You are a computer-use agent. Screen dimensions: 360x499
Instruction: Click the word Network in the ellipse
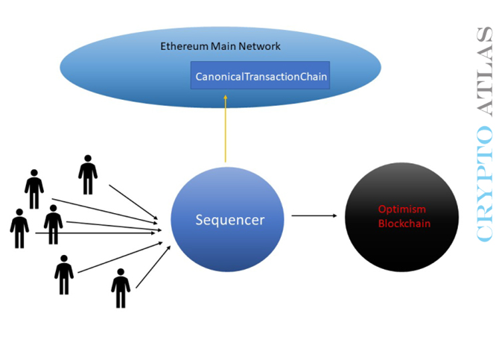261,46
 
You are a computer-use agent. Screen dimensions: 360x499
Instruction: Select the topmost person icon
88,174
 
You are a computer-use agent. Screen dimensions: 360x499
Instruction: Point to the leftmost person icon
19,228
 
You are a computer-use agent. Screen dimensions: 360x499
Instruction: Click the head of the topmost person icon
88,159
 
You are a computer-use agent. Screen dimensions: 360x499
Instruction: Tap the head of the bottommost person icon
121,274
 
